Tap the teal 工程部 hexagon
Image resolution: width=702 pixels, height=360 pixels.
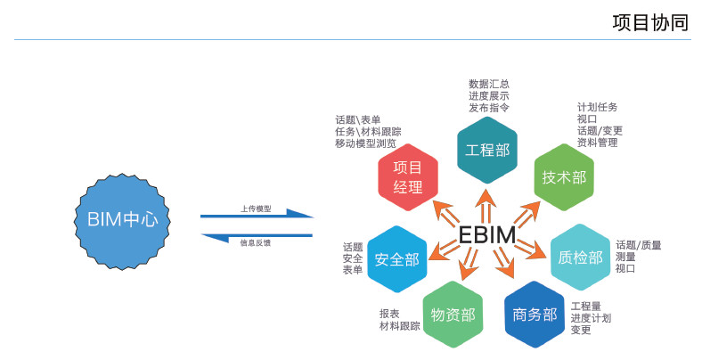tap(487, 150)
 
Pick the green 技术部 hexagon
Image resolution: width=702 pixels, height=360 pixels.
tap(564, 176)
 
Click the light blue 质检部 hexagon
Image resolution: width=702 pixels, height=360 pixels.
tap(580, 258)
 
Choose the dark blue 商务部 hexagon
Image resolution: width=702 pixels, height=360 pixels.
tap(535, 314)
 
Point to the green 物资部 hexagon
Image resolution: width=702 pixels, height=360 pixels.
tap(453, 314)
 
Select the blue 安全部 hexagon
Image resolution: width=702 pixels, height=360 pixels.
tap(396, 259)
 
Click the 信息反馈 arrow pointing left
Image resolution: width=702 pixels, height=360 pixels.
tap(257, 236)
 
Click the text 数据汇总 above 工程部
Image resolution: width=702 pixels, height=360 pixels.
tap(489, 84)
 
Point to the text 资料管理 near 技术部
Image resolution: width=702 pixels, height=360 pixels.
tap(597, 143)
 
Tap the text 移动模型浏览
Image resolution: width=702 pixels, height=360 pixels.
tap(365, 143)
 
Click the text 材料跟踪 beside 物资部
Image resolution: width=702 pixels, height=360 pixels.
tap(399, 326)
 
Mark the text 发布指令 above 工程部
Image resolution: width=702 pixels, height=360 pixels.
tap(489, 107)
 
